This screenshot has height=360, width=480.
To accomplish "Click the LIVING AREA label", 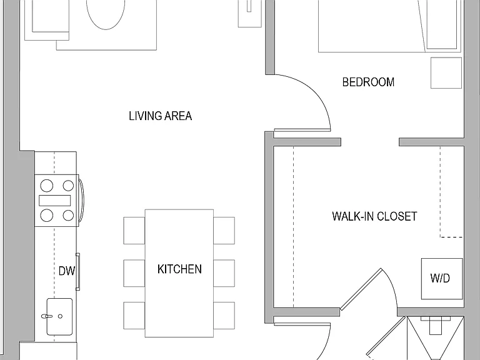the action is pos(160,116).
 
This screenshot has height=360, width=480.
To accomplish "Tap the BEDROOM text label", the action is pos(368,82).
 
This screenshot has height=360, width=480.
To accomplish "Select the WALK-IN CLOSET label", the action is pos(374,216).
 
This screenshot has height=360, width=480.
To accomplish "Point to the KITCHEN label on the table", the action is pos(179,269).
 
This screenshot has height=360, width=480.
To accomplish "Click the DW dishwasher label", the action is pos(66,271).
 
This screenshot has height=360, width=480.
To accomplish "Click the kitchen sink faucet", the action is pos(46,316).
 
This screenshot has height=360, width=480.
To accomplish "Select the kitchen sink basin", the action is pos(59,317).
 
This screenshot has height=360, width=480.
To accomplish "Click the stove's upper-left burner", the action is pos(46,186).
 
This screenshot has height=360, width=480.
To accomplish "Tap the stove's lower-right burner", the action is pos(68,215).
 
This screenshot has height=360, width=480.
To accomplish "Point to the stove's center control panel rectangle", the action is pos(55,201).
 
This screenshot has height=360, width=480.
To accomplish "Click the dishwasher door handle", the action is pos(78,271).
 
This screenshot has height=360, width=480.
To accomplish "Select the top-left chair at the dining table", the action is pos(134,231).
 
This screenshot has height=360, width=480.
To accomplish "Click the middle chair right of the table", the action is pos(224,273).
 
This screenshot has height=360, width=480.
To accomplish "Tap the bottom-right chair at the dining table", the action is pos(224,315).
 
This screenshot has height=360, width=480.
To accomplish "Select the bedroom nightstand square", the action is pos(446,73).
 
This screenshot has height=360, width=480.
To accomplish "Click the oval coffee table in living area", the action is pos(106,12).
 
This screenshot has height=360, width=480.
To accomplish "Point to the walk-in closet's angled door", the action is pos(361,289).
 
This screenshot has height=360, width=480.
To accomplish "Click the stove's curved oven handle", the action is pos(81,200).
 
